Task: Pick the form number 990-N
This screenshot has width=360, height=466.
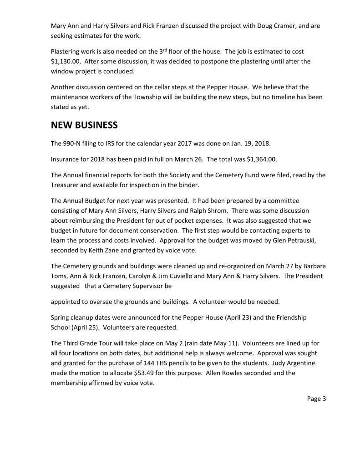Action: (75, 144)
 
